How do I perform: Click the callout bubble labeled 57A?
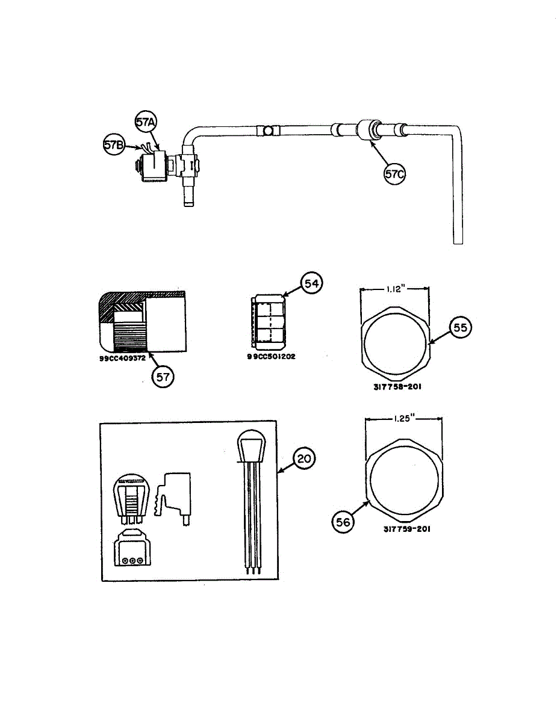pyautogui.click(x=145, y=123)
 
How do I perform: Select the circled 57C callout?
pyautogui.click(x=396, y=174)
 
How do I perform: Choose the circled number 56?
pyautogui.click(x=343, y=523)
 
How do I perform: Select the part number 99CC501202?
pyautogui.click(x=271, y=356)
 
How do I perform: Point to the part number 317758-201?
pyautogui.click(x=393, y=387)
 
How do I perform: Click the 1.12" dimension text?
pyautogui.click(x=394, y=289)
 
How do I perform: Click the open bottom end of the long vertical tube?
pyautogui.click(x=458, y=242)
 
